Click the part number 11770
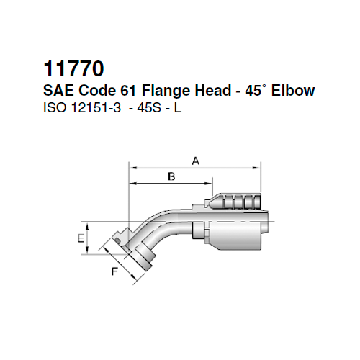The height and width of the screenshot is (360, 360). [x=75, y=70]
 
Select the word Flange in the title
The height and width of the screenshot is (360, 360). [x=165, y=93]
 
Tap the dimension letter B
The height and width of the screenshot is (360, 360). [x=171, y=176]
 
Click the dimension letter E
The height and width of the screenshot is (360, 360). [x=81, y=237]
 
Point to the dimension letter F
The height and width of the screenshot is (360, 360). [x=114, y=271]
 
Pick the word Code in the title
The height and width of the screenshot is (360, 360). [x=94, y=93]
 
